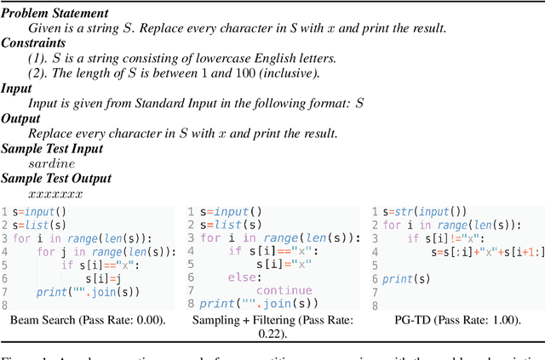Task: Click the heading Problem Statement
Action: click(54, 14)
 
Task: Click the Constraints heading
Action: click(38, 43)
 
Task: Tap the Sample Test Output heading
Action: click(60, 178)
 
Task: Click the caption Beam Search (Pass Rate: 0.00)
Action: click(89, 321)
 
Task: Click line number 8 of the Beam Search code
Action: click(4, 305)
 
